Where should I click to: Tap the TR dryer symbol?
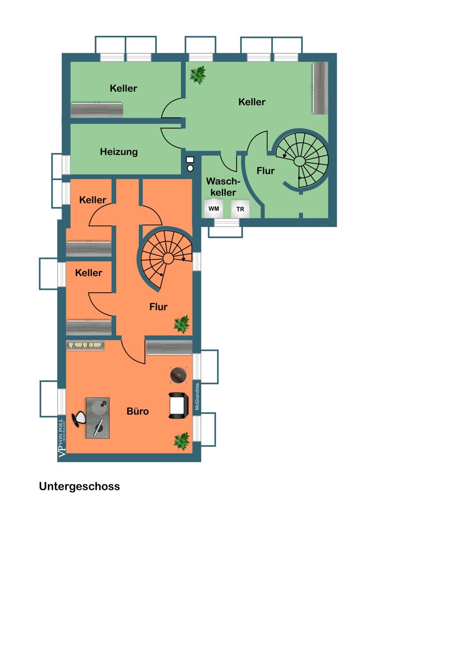click(240, 209)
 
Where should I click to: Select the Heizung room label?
click(119, 152)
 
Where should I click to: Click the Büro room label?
click(137, 411)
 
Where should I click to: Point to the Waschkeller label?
click(223, 187)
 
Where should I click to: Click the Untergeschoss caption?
click(79, 487)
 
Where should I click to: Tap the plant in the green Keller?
click(198, 74)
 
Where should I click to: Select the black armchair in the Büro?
click(178, 405)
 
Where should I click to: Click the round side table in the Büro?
click(178, 375)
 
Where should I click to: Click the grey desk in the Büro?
click(98, 418)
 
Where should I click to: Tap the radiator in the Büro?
click(85, 345)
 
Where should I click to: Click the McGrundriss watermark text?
click(197, 397)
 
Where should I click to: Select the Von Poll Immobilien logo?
click(62, 438)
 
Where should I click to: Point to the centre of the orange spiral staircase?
click(168, 258)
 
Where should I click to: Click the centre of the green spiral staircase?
click(299, 161)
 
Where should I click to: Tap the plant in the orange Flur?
click(182, 324)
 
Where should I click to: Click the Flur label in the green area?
click(266, 171)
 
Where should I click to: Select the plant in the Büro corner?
click(182, 441)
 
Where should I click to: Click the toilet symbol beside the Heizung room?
click(190, 164)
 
